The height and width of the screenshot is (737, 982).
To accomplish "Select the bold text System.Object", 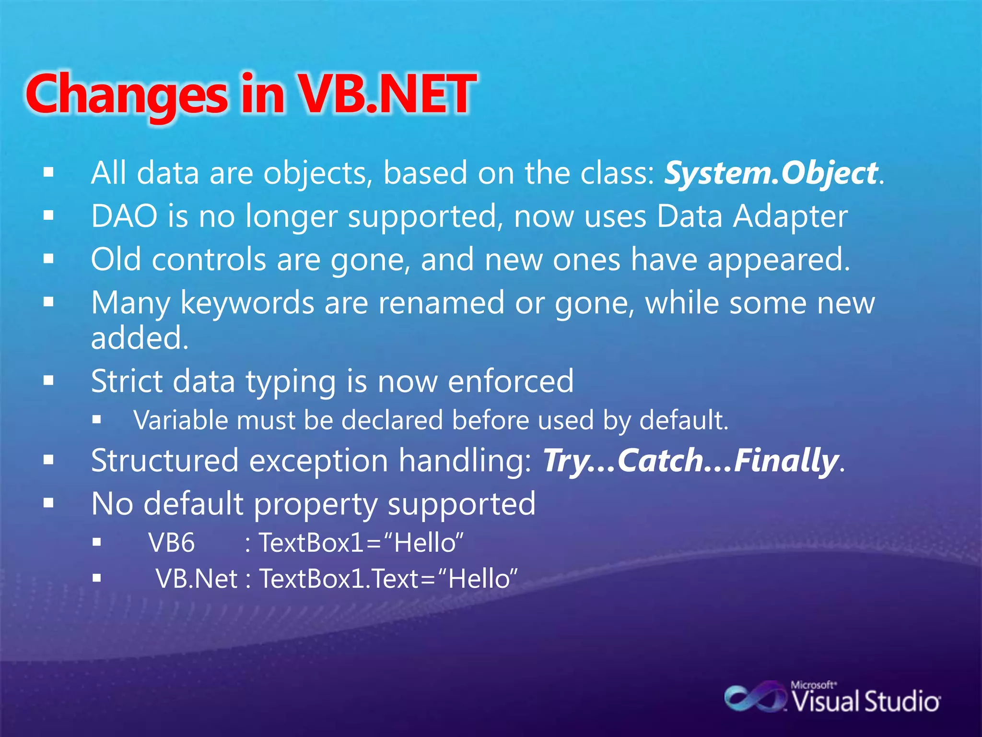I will (771, 173).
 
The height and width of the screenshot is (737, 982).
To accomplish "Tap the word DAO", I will (124, 216).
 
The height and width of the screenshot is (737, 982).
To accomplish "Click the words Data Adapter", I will (751, 216).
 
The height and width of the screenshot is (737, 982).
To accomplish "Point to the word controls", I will (209, 260).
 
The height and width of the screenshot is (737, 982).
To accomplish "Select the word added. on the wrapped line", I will (140, 338).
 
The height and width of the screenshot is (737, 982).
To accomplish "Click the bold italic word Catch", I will (660, 461).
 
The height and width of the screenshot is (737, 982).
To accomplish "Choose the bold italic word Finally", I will (786, 461).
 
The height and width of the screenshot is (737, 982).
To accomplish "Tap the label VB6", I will (172, 543).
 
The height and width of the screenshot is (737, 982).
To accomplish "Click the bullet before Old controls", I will (48, 259).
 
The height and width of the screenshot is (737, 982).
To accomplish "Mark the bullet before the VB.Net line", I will (97, 579).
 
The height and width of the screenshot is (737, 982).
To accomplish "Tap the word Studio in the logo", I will (902, 702).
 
